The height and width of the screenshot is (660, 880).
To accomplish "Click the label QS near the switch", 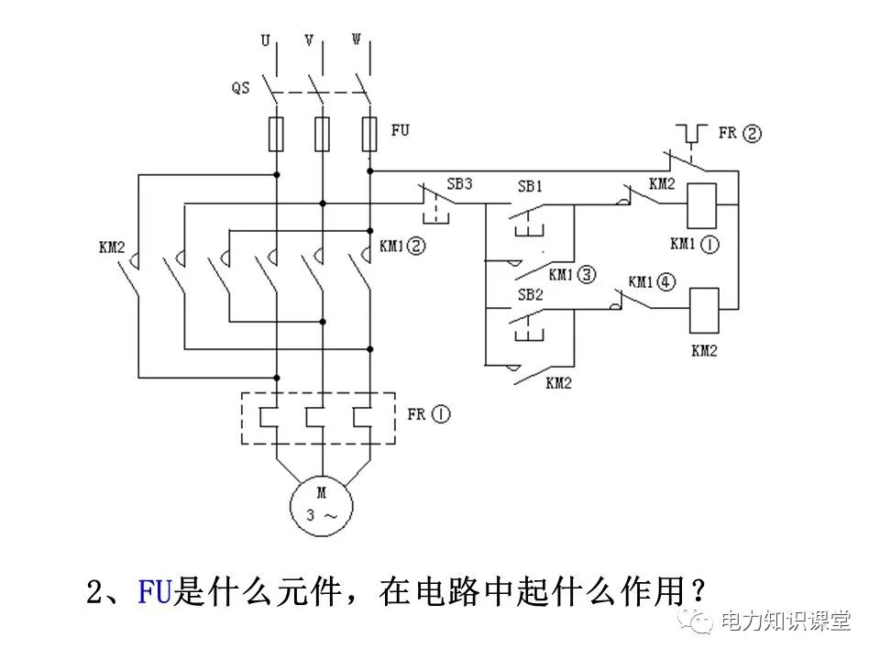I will click(x=240, y=89).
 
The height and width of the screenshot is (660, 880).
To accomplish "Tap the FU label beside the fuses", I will click(x=401, y=130).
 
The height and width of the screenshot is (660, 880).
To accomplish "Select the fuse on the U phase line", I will click(x=275, y=133).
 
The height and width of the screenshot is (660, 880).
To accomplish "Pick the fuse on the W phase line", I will click(x=369, y=133).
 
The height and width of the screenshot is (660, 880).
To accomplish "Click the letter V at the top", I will click(x=310, y=40).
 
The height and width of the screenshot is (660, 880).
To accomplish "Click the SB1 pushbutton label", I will click(x=530, y=186).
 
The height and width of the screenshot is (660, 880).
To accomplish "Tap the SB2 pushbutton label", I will click(x=530, y=296).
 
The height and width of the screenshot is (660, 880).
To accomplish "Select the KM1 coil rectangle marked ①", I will click(x=701, y=204).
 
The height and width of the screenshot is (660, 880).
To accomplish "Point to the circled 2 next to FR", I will click(x=753, y=133).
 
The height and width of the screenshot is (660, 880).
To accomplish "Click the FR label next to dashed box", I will click(x=416, y=414).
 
